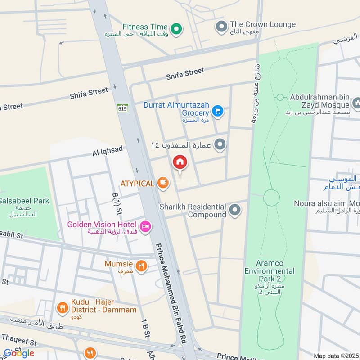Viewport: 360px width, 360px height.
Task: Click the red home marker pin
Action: tap(180, 162)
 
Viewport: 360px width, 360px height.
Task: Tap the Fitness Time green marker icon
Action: tap(177, 29)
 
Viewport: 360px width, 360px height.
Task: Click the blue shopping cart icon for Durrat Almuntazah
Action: tap(218, 110)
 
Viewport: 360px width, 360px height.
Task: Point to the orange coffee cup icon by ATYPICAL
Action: tap(163, 183)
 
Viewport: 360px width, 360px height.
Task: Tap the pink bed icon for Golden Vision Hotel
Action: tap(145, 227)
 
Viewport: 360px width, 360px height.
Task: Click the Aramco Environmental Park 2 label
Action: tap(270, 271)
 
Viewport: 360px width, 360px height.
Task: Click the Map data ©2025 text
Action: tap(336, 355)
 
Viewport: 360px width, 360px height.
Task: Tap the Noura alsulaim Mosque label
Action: tap(327, 203)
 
